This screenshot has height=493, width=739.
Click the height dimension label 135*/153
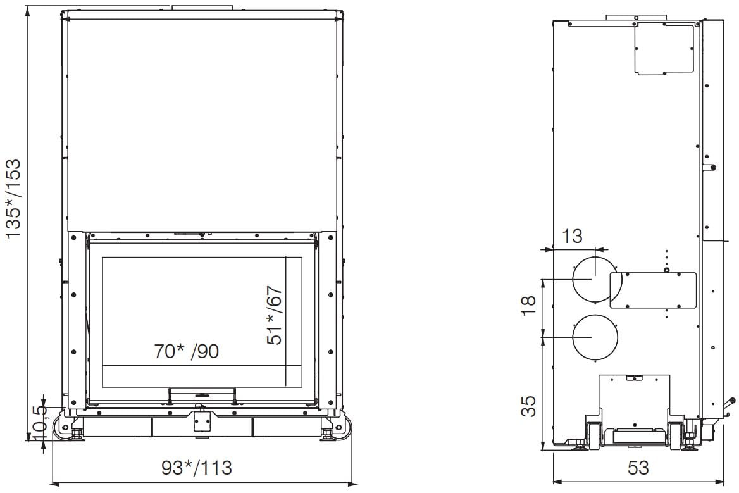14,198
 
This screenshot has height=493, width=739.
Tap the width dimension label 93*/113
197,468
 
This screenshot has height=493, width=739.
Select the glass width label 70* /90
187,351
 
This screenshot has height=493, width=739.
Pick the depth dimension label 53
638,468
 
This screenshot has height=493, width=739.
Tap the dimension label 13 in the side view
572,236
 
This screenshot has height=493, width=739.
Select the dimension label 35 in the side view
529,406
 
